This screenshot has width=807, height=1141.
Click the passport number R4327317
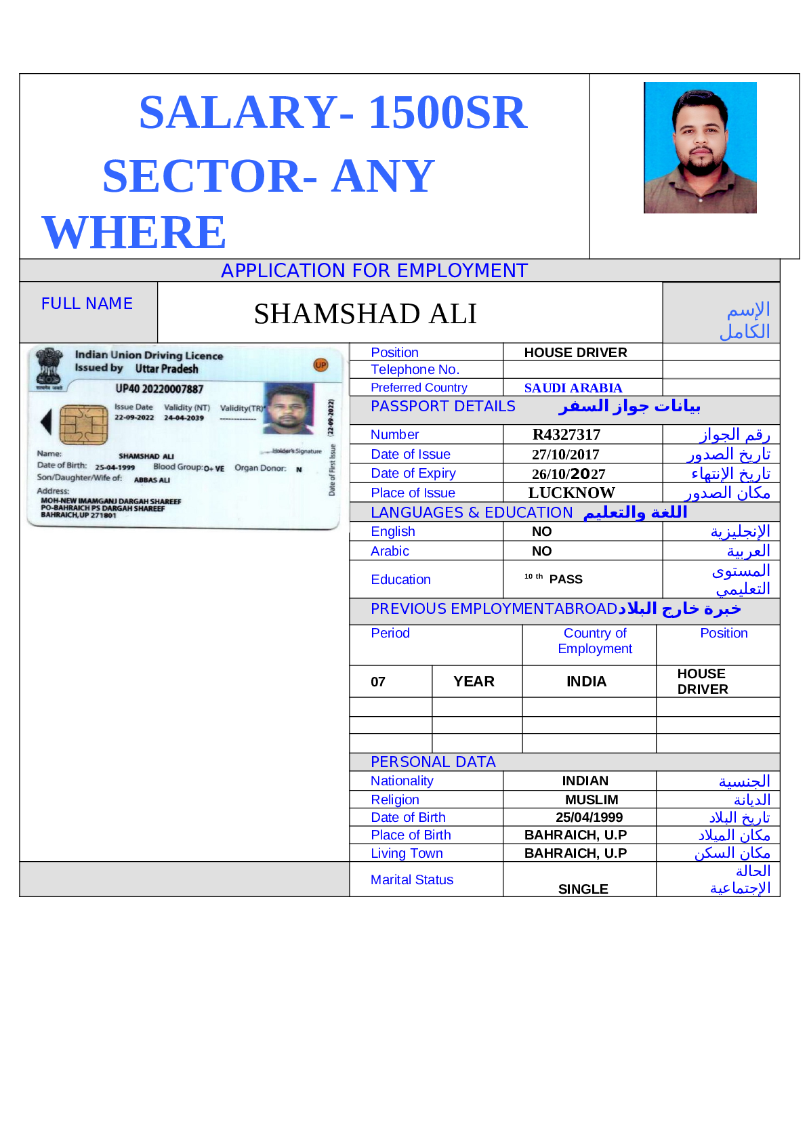[x=566, y=435]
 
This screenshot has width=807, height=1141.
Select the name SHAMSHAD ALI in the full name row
[x=365, y=314]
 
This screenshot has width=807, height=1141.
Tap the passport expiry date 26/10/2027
[x=568, y=474]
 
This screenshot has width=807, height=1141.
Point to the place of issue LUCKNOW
[x=571, y=493]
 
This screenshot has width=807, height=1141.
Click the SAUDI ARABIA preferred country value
[x=573, y=388]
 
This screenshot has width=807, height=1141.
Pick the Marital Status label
[x=412, y=879]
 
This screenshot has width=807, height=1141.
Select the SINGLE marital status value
[x=583, y=889]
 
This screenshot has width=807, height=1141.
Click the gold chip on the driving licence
[x=83, y=424]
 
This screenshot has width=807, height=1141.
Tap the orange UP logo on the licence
[x=320, y=365]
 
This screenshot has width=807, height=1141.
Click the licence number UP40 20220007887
[x=159, y=389]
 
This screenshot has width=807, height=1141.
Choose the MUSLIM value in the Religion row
[x=592, y=800]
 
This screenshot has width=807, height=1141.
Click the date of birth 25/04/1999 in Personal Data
[x=589, y=817]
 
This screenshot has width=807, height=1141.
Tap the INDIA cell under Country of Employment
[x=586, y=682]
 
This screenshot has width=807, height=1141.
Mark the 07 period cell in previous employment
[x=378, y=682]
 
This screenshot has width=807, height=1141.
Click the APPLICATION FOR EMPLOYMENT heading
[x=374, y=270]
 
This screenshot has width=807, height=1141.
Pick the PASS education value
[x=566, y=579]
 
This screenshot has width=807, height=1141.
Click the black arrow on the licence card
[x=46, y=421]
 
